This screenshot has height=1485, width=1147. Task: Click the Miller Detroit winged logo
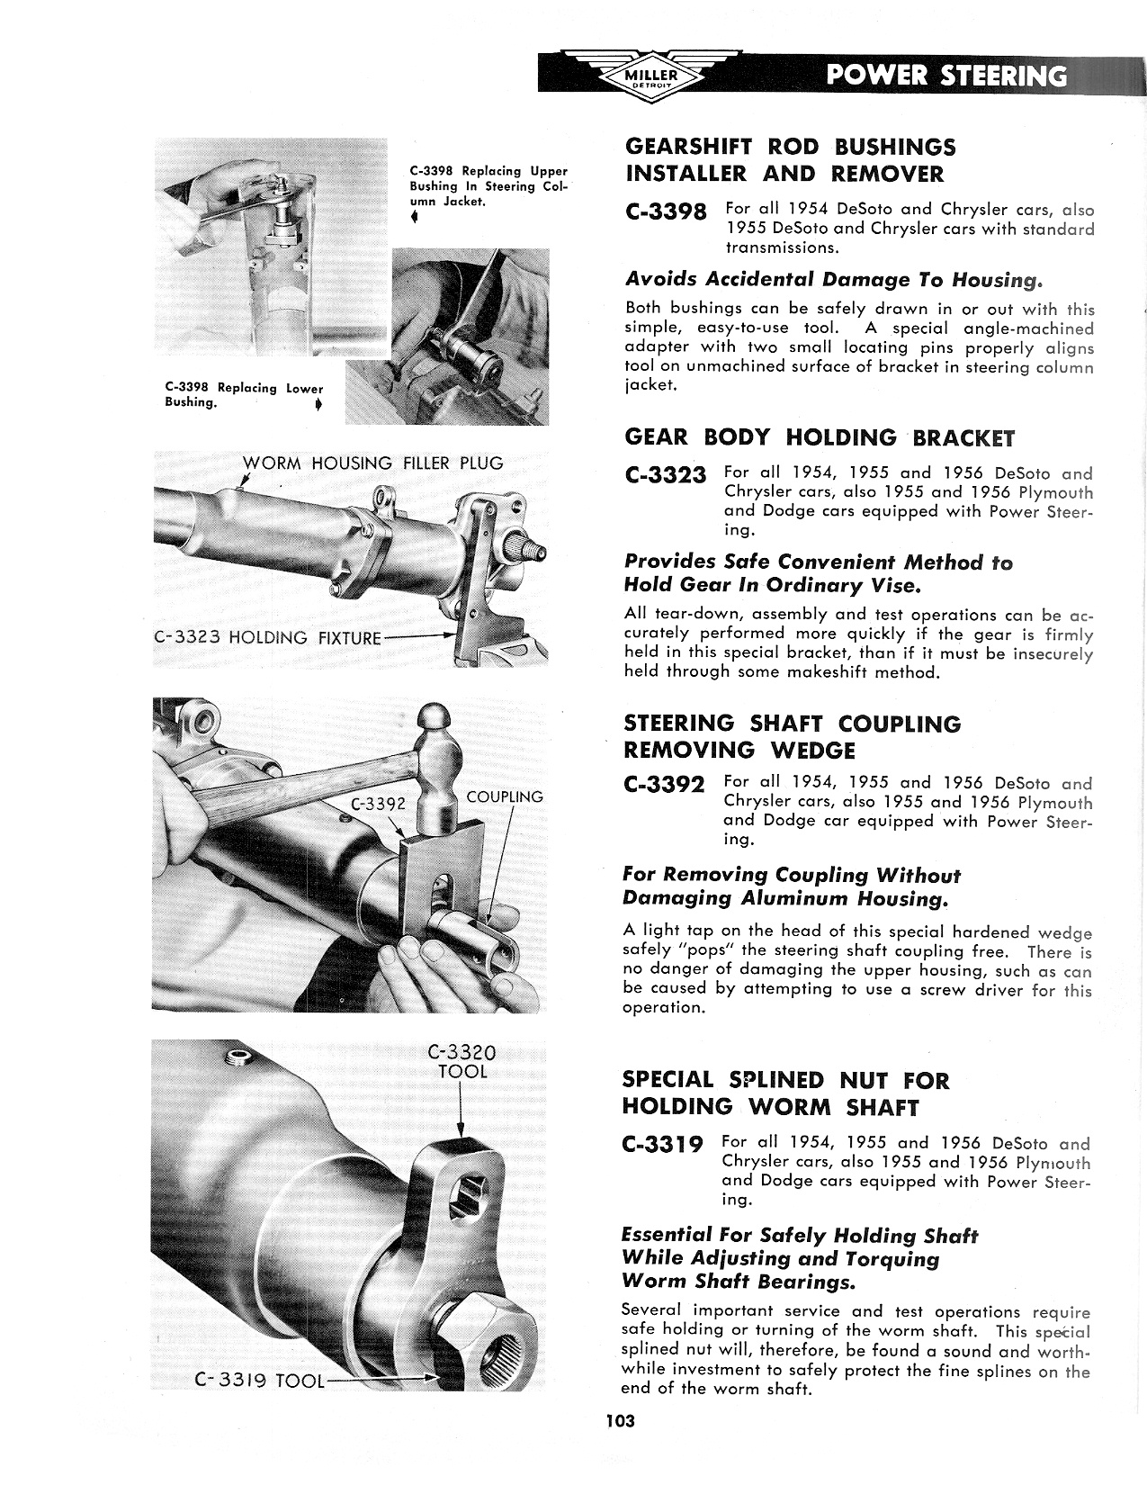(655, 75)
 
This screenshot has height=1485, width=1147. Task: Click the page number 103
(620, 1421)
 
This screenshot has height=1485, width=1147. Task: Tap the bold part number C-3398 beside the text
(665, 212)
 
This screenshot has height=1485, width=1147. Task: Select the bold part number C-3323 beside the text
(665, 474)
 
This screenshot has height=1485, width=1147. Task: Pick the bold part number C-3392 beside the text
(665, 785)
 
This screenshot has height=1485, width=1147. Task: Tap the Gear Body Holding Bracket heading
(819, 438)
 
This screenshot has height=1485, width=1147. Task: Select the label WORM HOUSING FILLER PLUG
(373, 463)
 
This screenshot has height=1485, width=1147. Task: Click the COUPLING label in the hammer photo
(505, 796)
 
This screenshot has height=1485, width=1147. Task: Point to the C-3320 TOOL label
(462, 1062)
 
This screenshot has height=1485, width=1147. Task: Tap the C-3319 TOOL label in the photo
(260, 1380)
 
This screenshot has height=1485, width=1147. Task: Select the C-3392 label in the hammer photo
(379, 804)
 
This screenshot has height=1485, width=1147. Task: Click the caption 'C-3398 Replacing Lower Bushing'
(243, 395)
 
